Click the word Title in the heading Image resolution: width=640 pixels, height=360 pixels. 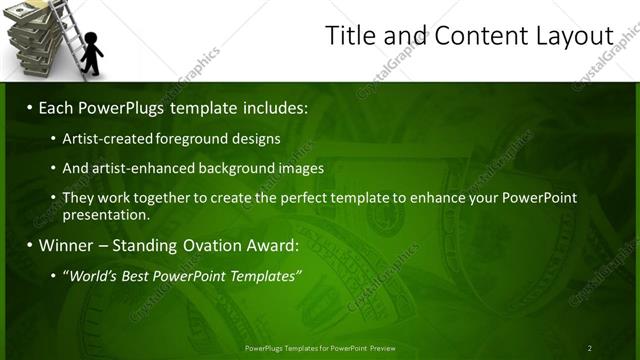click(x=352, y=36)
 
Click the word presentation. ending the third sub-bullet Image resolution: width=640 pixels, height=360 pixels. click(x=106, y=214)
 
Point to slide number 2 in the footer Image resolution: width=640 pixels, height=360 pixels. click(x=590, y=348)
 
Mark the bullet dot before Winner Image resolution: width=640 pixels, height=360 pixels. click(x=30, y=245)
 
